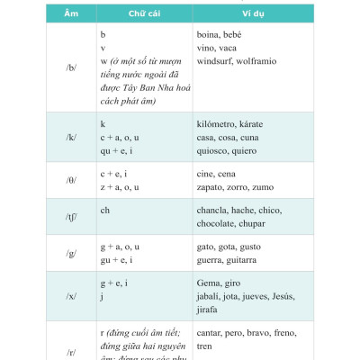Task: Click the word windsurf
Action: (x=216, y=61)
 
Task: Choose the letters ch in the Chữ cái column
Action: (x=104, y=210)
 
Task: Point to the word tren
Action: (x=204, y=346)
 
